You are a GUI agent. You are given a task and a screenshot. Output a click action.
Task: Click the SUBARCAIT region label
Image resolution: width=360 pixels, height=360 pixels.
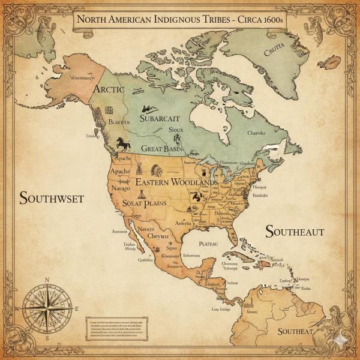pos(159,118)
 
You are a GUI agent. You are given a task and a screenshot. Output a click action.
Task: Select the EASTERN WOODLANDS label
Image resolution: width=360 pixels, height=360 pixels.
pos(176,182)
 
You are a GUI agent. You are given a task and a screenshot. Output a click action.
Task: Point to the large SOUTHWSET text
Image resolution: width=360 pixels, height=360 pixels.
pos(52,198)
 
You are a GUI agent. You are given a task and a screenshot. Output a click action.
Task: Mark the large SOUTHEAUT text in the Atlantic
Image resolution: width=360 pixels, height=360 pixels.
pos(295,232)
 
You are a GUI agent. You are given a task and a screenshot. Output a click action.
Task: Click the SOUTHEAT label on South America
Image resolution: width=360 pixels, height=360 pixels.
pos(295,331)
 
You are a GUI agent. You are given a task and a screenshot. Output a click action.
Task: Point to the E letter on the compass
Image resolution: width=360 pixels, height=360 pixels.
pos(77,308)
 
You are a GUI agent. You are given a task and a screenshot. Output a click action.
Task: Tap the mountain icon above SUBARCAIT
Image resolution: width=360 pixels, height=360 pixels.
pos(145,109)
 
